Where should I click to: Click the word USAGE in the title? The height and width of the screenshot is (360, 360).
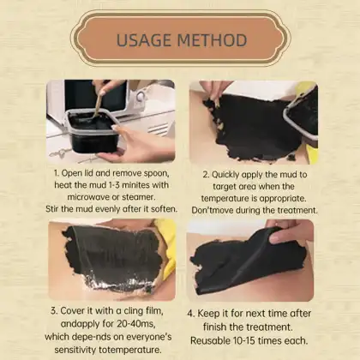pyautogui.click(x=143, y=39)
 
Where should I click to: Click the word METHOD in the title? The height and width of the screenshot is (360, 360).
pyautogui.click(x=213, y=39)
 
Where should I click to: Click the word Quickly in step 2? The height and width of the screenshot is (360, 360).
pyautogui.click(x=226, y=175)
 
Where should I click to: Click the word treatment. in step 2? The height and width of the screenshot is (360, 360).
pyautogui.click(x=297, y=210)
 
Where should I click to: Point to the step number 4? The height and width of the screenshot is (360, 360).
pyautogui.click(x=191, y=314)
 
